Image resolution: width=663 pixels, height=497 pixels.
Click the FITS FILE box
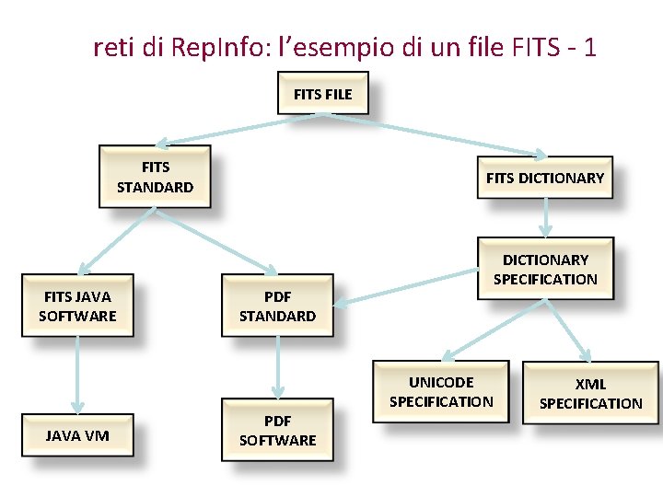(323, 93)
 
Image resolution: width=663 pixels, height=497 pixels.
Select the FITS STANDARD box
(155, 177)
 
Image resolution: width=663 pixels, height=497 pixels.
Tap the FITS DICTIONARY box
(545, 178)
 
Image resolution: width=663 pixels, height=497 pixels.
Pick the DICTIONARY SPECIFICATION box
(545, 269)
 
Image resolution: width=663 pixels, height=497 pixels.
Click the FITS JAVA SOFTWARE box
(77, 306)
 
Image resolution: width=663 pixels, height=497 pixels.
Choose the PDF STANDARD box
(277, 306)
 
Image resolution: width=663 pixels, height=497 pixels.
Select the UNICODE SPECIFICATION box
(441, 391)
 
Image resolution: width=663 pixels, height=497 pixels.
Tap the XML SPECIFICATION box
(590, 393)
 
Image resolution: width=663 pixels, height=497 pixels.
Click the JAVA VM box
(77, 434)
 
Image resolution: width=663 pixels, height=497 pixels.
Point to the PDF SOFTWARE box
(277, 430)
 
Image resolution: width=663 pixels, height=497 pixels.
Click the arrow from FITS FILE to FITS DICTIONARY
(433, 135)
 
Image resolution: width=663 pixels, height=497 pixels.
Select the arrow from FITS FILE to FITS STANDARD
(239, 128)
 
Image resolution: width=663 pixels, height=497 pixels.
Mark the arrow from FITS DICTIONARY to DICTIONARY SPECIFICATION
(546, 217)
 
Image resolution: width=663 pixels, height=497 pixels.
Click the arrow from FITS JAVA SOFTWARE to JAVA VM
(77, 373)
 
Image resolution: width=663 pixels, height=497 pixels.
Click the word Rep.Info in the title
(214, 47)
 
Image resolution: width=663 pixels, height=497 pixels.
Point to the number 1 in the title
(589, 47)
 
